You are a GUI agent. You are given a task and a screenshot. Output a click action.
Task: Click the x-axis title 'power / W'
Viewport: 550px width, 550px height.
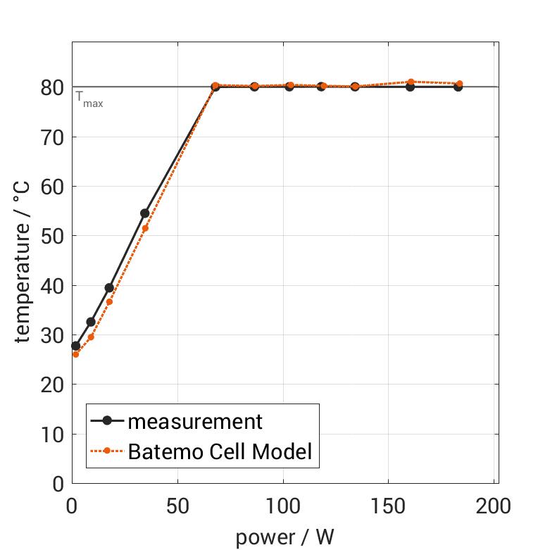coord(285,537)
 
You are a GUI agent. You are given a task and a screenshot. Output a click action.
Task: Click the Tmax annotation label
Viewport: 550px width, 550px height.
coord(89,99)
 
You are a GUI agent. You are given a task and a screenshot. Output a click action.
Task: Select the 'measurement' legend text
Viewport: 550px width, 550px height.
coord(194,422)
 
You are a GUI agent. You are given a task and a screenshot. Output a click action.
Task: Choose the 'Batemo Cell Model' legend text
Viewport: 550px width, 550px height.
coord(220,451)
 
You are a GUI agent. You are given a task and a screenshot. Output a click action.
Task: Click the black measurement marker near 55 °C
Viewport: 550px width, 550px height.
coord(145,213)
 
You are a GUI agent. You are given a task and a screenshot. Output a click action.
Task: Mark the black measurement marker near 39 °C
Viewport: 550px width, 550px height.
coord(109,288)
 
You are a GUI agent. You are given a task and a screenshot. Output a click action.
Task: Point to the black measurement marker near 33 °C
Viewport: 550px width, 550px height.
coord(91,322)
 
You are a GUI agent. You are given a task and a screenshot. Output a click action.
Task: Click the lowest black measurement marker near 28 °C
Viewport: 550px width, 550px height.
coord(75,346)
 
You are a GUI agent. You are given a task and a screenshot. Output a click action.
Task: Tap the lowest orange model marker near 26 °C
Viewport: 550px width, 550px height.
coord(75,354)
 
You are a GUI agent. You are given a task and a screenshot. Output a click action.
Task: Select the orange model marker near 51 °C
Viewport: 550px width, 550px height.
coord(145,228)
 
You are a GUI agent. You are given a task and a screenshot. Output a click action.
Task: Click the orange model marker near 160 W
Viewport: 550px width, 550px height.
coord(411,82)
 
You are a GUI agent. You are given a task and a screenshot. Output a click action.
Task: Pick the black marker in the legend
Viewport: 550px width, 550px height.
coord(107,421)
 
